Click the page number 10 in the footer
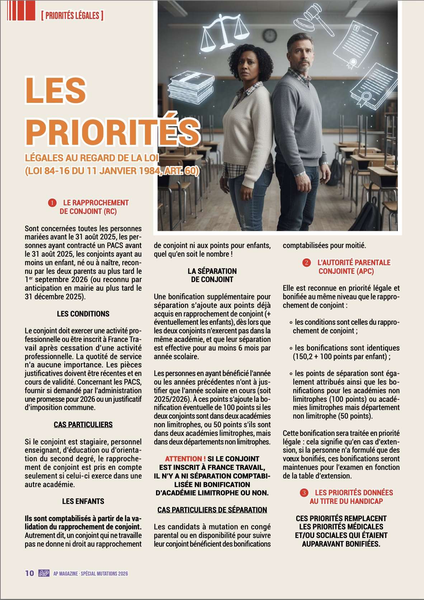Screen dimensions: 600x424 (x=29, y=573)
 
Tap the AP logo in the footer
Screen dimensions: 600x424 (x=44, y=573)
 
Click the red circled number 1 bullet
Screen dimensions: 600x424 (x=52, y=203)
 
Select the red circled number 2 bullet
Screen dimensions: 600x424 (x=306, y=263)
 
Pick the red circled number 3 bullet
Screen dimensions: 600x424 (x=304, y=493)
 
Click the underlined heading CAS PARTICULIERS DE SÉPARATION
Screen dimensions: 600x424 (x=212, y=510)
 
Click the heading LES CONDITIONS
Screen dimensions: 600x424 (x=83, y=314)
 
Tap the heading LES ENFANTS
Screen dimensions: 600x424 (x=83, y=501)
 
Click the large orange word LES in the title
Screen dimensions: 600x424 (x=56, y=90)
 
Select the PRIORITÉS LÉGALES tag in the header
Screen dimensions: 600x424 (x=72, y=15)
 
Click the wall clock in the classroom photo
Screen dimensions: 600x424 (x=270, y=35)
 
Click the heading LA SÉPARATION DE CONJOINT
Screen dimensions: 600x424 (x=212, y=275)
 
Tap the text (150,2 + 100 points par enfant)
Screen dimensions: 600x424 (x=341, y=356)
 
